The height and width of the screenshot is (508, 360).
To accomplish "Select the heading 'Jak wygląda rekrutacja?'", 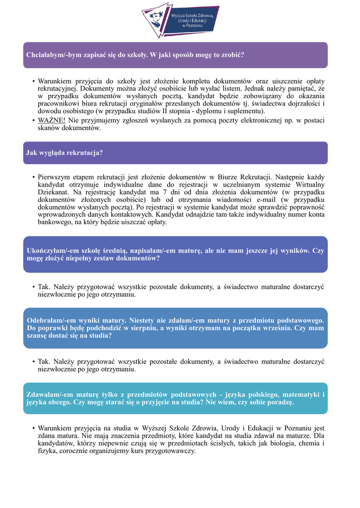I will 65,153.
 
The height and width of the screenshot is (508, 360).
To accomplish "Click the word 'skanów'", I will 49,128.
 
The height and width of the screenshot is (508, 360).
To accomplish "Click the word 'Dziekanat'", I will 54,192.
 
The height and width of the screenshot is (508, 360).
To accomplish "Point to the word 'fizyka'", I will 47,451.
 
